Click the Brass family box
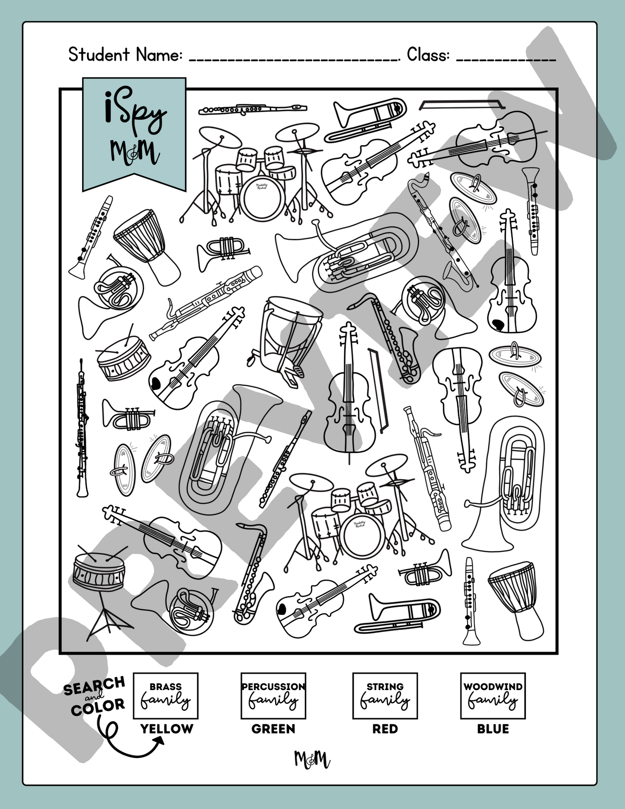point(165,695)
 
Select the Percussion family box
point(273,695)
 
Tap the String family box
point(385,695)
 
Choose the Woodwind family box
point(493,695)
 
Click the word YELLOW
point(167,729)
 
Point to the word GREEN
point(273,729)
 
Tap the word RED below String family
point(385,729)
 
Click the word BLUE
point(493,729)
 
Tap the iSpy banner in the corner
point(134,132)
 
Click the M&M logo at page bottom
point(312,759)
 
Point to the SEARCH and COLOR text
point(94,696)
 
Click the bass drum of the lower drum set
point(362,535)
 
